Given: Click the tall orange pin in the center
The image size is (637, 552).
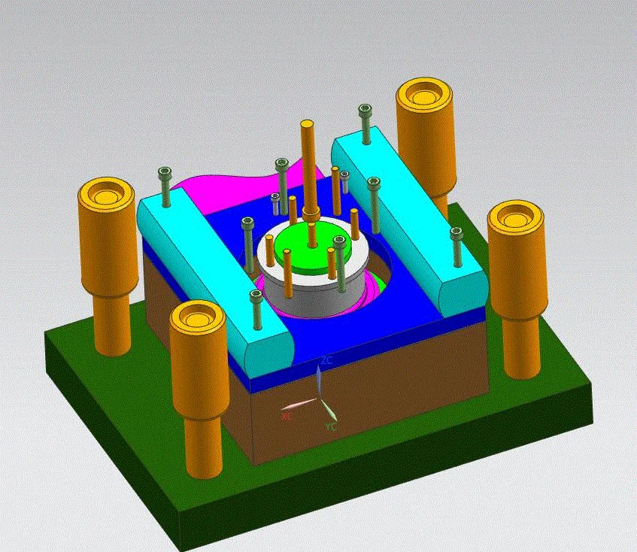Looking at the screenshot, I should [308, 165].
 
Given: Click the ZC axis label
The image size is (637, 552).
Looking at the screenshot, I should [326, 361].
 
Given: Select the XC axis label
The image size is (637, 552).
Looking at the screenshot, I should [287, 415].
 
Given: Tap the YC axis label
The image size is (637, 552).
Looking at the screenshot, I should [331, 426].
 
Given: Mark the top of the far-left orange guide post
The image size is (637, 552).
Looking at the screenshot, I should [105, 194].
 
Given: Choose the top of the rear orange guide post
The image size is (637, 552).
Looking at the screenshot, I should [425, 93].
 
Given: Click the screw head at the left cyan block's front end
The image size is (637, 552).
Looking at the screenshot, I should [256, 296].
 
